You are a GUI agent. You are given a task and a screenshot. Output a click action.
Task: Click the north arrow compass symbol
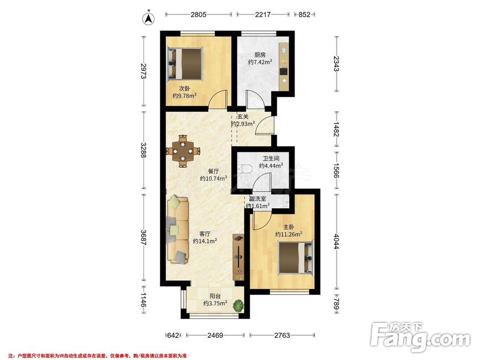pyautogui.click(x=148, y=18)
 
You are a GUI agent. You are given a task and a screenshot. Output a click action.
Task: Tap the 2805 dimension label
pyautogui.click(x=198, y=14)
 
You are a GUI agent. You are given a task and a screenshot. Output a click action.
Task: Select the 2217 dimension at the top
pyautogui.click(x=263, y=14)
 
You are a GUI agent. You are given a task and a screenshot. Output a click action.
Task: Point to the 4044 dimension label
pyautogui.click(x=337, y=241)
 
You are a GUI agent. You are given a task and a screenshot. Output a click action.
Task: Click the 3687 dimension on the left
pyautogui.click(x=143, y=237)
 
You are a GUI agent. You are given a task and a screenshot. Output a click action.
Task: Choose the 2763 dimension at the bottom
pyautogui.click(x=282, y=335)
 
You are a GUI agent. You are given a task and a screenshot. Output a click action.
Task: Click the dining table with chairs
pyautogui.click(x=183, y=151)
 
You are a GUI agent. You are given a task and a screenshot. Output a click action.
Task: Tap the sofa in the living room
pyautogui.click(x=178, y=230)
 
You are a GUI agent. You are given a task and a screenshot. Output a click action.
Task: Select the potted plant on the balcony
pyautogui.click(x=239, y=306)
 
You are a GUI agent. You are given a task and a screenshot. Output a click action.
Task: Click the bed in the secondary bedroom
pyautogui.click(x=185, y=64)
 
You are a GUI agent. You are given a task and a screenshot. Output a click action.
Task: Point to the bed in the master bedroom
pyautogui.click(x=296, y=257)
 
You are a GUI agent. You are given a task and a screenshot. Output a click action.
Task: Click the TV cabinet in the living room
pyautogui.click(x=239, y=257)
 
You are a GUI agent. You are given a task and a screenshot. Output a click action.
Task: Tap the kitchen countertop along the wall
pyautogui.click(x=284, y=66)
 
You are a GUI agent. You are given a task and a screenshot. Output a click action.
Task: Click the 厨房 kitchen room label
pyautogui.click(x=260, y=55)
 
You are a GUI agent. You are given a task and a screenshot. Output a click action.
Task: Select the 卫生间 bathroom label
pyautogui.click(x=271, y=158)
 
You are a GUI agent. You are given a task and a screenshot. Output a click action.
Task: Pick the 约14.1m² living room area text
pyautogui.click(x=205, y=241)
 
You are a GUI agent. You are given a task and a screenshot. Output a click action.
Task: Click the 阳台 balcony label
pyautogui.click(x=215, y=296)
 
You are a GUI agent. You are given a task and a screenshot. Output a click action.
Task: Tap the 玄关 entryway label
pyautogui.click(x=242, y=117)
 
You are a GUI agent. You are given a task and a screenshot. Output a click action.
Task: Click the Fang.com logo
pyautogui.click(x=420, y=337)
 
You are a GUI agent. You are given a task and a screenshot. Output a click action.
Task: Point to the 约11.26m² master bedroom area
pyautogui.click(x=288, y=234)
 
